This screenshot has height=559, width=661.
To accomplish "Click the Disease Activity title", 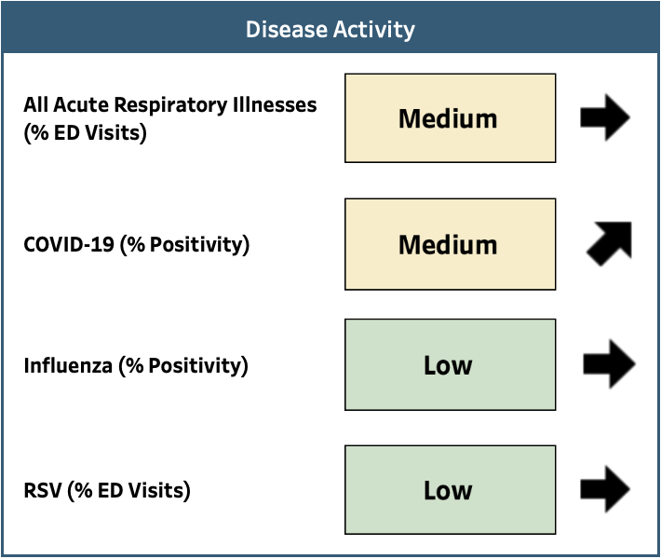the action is click(x=330, y=30).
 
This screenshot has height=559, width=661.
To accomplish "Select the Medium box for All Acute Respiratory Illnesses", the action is click(x=451, y=118).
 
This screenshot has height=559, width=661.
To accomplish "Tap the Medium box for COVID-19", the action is click(x=451, y=244).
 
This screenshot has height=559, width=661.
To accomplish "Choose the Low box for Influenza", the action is click(x=451, y=364).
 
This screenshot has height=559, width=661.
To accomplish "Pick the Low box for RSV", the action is click(x=451, y=490).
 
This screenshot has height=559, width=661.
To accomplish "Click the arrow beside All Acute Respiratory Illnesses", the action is click(x=605, y=117).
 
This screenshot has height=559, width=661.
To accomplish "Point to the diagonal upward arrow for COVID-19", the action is click(x=610, y=243).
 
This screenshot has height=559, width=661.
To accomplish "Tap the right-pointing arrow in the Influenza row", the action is click(x=609, y=364).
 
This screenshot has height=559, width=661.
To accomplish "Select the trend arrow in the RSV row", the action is click(x=605, y=489).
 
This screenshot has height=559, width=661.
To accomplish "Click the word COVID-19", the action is click(x=69, y=244).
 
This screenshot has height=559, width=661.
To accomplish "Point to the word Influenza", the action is click(x=68, y=365).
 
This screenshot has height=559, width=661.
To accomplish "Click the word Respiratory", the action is click(x=171, y=105).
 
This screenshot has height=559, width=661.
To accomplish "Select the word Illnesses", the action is click(x=275, y=104).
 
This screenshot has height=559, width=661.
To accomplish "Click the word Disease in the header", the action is click(x=286, y=30).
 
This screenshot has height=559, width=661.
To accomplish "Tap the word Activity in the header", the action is click(x=374, y=31).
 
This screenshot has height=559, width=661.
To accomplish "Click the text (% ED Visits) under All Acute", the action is click(x=85, y=133).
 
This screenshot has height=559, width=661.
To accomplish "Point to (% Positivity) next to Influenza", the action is click(x=183, y=366).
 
